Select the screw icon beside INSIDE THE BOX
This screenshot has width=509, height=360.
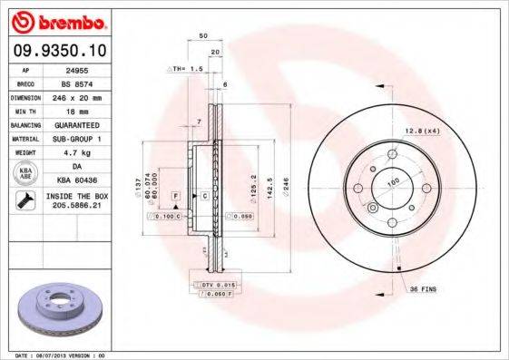(25, 200)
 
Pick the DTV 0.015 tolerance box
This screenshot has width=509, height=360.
(210, 285)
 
